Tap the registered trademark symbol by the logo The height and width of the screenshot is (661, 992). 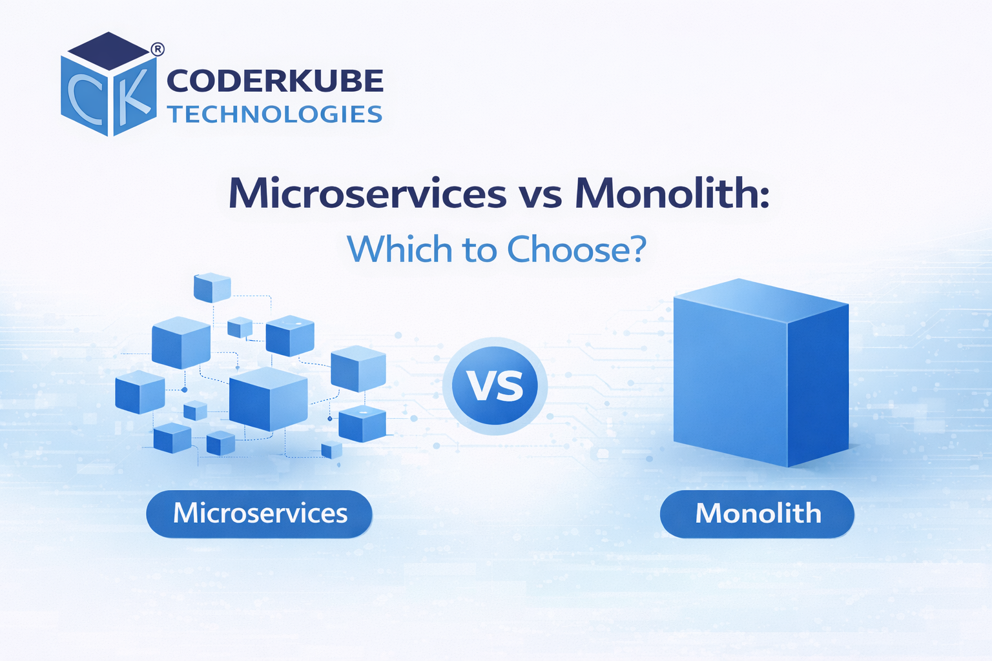point(157,49)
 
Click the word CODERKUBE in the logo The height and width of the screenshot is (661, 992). point(275,81)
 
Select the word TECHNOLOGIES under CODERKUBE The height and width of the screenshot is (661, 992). point(275,114)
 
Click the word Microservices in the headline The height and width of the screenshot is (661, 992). point(367,193)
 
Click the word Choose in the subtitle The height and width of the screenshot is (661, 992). point(570,249)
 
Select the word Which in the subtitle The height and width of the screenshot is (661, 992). point(399,249)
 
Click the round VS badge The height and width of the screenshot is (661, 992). point(495,386)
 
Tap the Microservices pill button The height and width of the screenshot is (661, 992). point(260,514)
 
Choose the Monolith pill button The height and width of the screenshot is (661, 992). point(757,514)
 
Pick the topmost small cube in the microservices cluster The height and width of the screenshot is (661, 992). point(212,287)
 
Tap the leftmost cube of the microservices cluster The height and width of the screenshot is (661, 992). point(139,392)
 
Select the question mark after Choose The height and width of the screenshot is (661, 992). point(638,249)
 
